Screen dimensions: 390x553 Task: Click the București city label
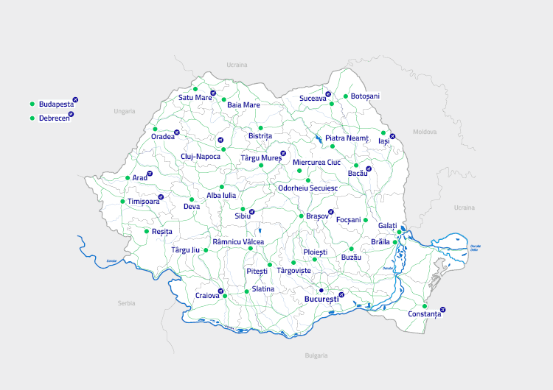(x=321, y=299)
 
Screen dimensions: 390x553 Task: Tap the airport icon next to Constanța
(x=442, y=309)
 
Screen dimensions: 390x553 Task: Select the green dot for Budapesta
(x=32, y=104)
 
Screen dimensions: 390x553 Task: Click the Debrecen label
(x=55, y=118)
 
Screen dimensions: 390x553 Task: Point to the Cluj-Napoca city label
(x=201, y=157)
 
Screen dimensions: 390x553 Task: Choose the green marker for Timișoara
(x=122, y=202)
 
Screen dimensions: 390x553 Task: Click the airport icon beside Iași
(x=392, y=136)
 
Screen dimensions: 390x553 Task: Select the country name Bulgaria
(x=316, y=355)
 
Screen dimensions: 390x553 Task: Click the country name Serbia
(x=126, y=303)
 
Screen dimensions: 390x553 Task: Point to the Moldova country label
(x=425, y=132)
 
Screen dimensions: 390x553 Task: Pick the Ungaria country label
(x=125, y=111)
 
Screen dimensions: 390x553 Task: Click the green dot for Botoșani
(x=345, y=96)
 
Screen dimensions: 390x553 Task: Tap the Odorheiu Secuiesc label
(x=307, y=188)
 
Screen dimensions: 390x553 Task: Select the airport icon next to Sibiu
(x=251, y=212)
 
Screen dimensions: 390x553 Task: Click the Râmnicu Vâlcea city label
(x=237, y=241)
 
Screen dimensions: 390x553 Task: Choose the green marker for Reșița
(x=146, y=231)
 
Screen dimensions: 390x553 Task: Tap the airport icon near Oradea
(x=177, y=132)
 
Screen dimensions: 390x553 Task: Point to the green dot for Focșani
(x=366, y=220)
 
